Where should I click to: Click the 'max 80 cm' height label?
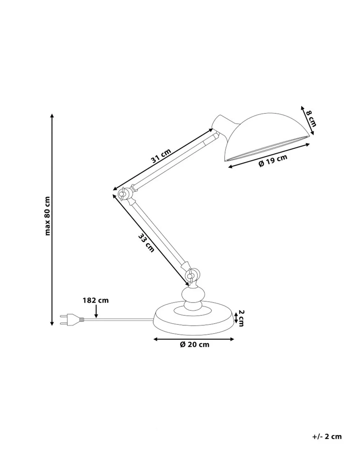(48, 216)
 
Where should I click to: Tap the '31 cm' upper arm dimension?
(161, 156)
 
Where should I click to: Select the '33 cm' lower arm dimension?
(146, 243)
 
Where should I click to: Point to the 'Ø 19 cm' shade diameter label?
(273, 161)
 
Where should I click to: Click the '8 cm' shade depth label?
(311, 118)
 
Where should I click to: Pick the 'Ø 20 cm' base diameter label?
(194, 345)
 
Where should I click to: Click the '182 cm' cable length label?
(96, 301)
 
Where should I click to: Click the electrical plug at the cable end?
(72, 320)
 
